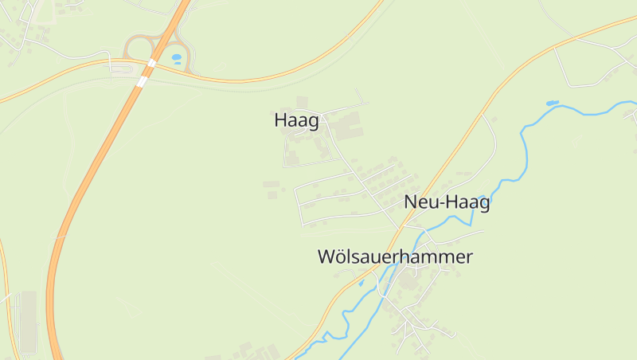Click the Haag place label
point(296,121)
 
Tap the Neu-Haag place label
point(447,202)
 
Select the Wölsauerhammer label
point(395,257)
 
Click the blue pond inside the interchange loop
point(176,57)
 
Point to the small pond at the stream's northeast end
point(551,104)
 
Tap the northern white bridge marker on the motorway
point(152,63)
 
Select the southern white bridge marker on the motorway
point(143,80)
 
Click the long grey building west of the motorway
point(28,323)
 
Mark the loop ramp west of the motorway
point(135,45)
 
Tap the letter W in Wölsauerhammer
point(327,257)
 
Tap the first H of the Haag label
point(280,121)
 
